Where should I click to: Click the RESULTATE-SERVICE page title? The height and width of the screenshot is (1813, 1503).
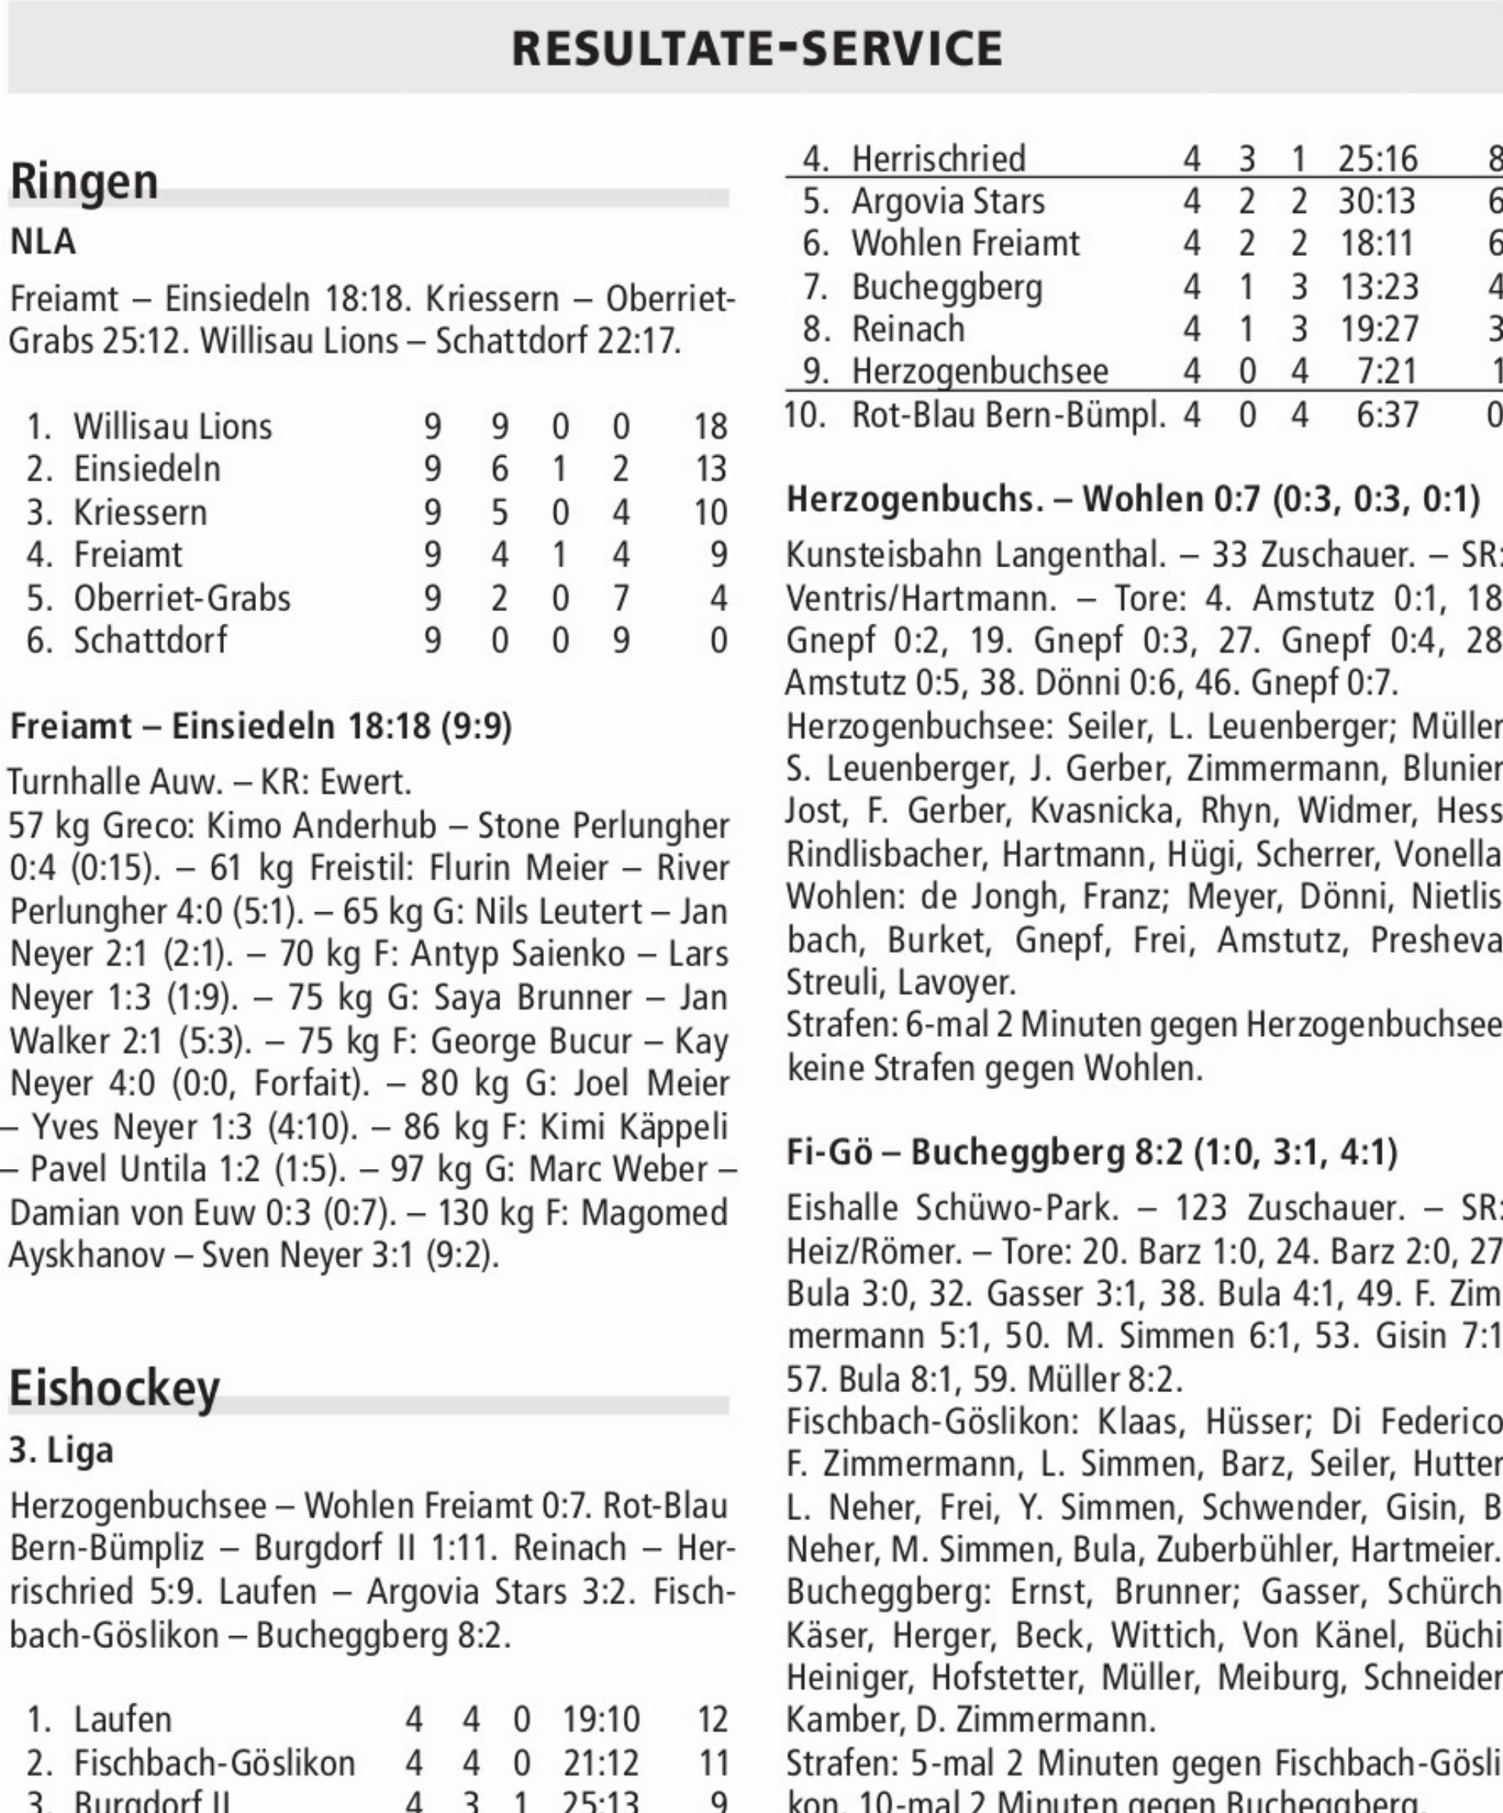pyautogui.click(x=757, y=49)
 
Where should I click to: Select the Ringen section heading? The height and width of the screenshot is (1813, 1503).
pyautogui.click(x=84, y=182)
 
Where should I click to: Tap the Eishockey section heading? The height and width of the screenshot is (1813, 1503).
pyautogui.click(x=114, y=1388)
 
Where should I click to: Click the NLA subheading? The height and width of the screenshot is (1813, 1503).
pyautogui.click(x=42, y=243)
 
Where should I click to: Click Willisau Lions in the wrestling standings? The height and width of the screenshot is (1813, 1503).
pyautogui.click(x=172, y=426)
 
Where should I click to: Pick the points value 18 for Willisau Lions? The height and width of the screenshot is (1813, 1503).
pyautogui.click(x=710, y=426)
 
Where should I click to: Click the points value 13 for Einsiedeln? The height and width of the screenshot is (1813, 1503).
pyautogui.click(x=710, y=469)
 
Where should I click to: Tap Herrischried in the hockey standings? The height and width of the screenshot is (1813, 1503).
pyautogui.click(x=938, y=159)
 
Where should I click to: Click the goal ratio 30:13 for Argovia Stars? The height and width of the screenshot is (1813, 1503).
pyautogui.click(x=1377, y=201)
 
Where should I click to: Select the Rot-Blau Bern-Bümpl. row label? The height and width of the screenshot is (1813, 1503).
pyautogui.click(x=1008, y=415)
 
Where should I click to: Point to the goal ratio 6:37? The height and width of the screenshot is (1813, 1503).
pyautogui.click(x=1386, y=415)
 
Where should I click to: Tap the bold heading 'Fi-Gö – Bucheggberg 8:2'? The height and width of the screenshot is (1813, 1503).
pyautogui.click(x=1092, y=1152)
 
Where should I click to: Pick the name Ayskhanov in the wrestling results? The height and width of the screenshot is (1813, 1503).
pyautogui.click(x=85, y=1254)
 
